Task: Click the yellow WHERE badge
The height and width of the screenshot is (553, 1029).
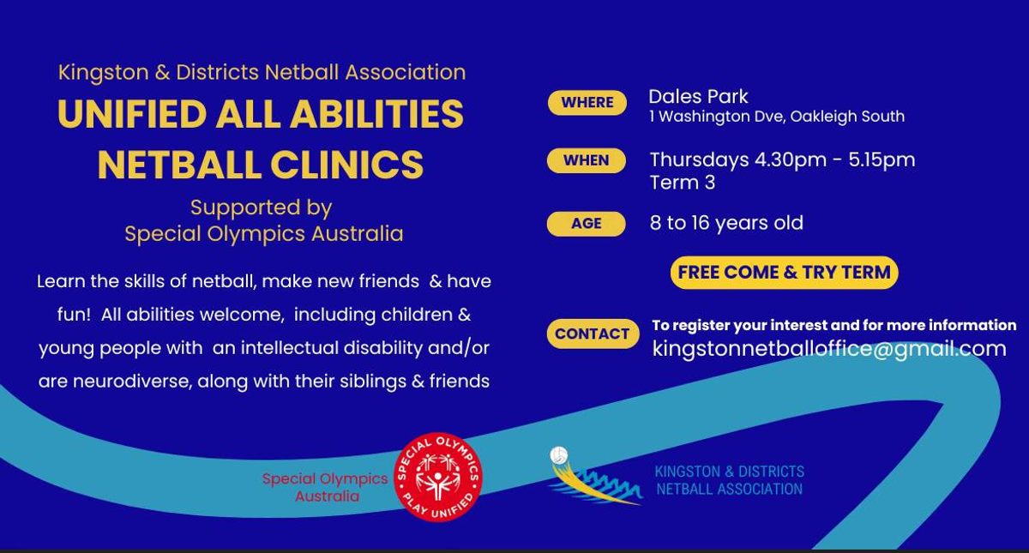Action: [587, 102]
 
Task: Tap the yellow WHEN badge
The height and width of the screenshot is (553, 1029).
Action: [587, 160]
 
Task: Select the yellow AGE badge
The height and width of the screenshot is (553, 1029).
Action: [587, 224]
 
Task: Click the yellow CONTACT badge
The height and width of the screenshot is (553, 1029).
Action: [593, 334]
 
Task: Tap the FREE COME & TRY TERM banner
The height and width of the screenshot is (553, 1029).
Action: [784, 273]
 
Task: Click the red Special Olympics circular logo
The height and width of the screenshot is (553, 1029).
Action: [438, 477]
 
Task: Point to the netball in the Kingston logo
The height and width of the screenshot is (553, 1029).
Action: [559, 454]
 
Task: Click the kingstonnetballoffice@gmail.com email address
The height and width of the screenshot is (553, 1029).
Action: [829, 349]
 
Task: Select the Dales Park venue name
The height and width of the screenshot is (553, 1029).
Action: [698, 96]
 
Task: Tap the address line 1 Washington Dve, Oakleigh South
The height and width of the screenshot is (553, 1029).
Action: [777, 117]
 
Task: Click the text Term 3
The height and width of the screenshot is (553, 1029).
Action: [683, 183]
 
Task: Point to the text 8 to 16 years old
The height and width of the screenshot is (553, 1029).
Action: [726, 223]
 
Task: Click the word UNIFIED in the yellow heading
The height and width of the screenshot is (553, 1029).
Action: [132, 114]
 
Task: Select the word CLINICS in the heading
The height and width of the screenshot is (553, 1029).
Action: [346, 165]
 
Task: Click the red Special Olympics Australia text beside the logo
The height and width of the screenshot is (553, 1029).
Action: [325, 487]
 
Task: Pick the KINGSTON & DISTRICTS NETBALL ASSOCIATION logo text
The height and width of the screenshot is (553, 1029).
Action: [730, 480]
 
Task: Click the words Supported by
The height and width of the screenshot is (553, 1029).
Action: [261, 207]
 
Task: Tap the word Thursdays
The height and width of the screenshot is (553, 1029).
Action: [699, 159]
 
